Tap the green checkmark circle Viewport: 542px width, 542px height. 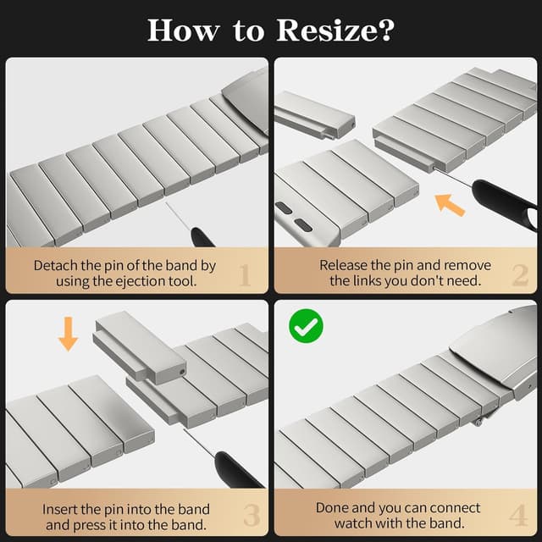coord(306,326)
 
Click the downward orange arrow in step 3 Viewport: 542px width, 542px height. coord(69,334)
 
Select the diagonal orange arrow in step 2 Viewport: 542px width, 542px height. coord(450,205)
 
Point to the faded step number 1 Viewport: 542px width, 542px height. coord(245,275)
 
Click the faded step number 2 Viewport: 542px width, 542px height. coord(521,275)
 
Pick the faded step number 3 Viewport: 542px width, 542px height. coord(252,516)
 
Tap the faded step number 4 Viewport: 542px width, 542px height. coord(518,515)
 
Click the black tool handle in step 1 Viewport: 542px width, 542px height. coord(202,237)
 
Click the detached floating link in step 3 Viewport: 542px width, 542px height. coord(140,347)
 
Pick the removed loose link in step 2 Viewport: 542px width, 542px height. coord(313,114)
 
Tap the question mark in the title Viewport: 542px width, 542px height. coord(386,30)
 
